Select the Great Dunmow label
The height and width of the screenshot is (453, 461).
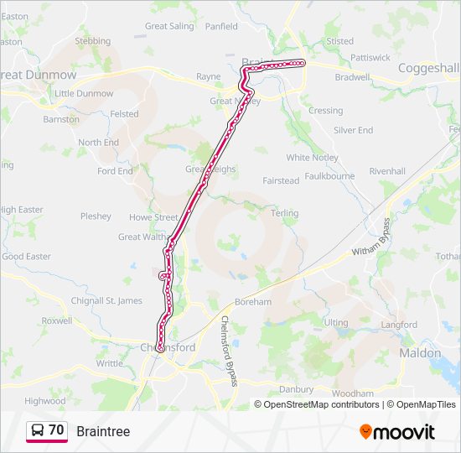point(39,75)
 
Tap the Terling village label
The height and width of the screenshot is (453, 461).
point(285,213)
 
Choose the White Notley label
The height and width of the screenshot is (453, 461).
point(312,158)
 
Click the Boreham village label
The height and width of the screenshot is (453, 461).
point(253,302)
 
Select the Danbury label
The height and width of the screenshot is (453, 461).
point(296,389)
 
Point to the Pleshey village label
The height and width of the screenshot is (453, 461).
point(96,216)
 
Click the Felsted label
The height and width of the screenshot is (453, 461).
point(124,114)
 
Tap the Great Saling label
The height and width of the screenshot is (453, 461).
point(169,26)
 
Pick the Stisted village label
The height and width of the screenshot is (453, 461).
point(339,41)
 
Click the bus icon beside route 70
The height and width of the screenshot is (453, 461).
point(37,431)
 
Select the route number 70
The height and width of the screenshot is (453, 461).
point(56,430)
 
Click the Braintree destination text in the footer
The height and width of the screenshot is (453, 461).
point(103,431)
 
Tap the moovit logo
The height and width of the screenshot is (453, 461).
point(397,432)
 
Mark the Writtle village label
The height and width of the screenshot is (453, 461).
point(109,363)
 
